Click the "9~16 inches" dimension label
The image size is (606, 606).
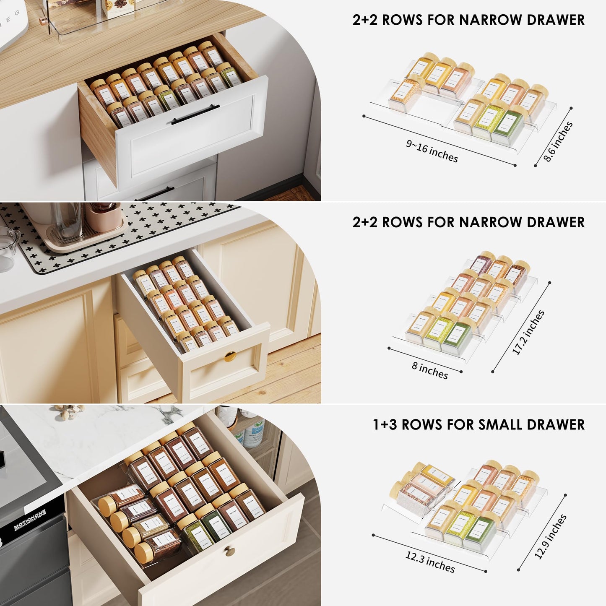point(432,151)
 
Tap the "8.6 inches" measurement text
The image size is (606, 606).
point(558,142)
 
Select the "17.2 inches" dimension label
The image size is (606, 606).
point(528,333)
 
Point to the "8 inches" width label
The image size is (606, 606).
point(430,371)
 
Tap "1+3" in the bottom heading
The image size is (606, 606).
point(385,424)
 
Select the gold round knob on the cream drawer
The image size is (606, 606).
point(230,356)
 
